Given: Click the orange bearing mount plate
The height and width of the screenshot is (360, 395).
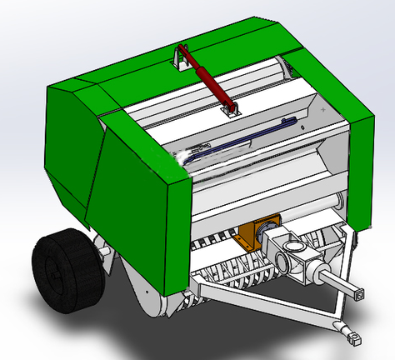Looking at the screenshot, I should tap(254, 234).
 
